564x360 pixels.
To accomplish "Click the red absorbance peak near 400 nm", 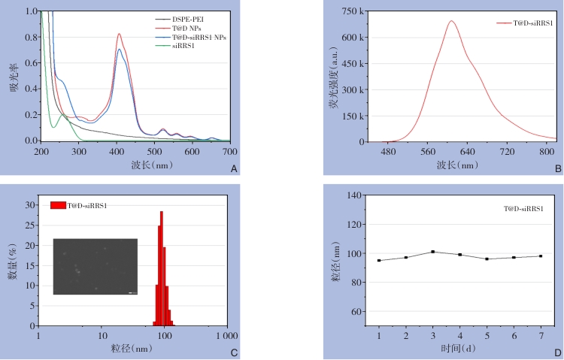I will tap(119, 34).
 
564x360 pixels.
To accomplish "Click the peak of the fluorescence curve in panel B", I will tap(451, 21).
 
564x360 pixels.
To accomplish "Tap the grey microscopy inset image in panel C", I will tap(96, 266).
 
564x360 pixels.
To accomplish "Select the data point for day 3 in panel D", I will tap(433, 252).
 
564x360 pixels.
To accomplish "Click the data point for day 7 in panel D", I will tap(540, 256).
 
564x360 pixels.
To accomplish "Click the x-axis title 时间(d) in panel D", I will tap(459, 349).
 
